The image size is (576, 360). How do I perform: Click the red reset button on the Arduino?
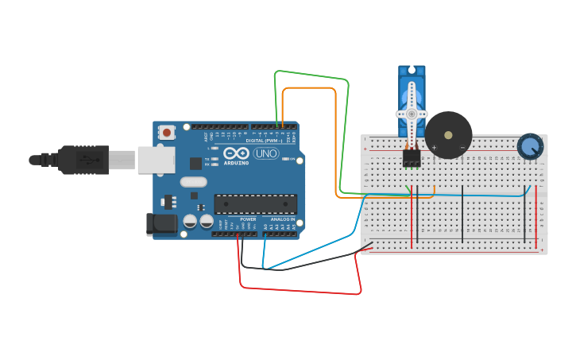pyautogui.click(x=166, y=132)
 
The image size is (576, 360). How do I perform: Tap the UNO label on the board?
pyautogui.click(x=266, y=153)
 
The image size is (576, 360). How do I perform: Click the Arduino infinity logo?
pyautogui.click(x=236, y=153)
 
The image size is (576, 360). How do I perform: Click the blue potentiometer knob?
pyautogui.click(x=530, y=146)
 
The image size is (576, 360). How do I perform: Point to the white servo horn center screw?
pyautogui.click(x=412, y=114)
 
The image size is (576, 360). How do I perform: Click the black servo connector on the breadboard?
pyautogui.click(x=411, y=158)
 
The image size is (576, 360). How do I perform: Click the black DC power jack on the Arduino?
pyautogui.click(x=161, y=224)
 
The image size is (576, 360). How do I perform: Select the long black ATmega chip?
pyautogui.click(x=255, y=204)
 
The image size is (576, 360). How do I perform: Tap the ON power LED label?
pyautogui.click(x=292, y=160)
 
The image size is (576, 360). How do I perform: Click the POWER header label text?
pyautogui.click(x=248, y=219)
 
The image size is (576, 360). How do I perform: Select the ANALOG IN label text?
pyautogui.click(x=282, y=219)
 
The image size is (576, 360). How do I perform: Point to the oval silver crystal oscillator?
pyautogui.click(x=193, y=182)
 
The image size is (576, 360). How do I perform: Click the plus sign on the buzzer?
pyautogui.click(x=435, y=148)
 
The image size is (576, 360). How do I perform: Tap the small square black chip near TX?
pyautogui.click(x=195, y=163)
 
